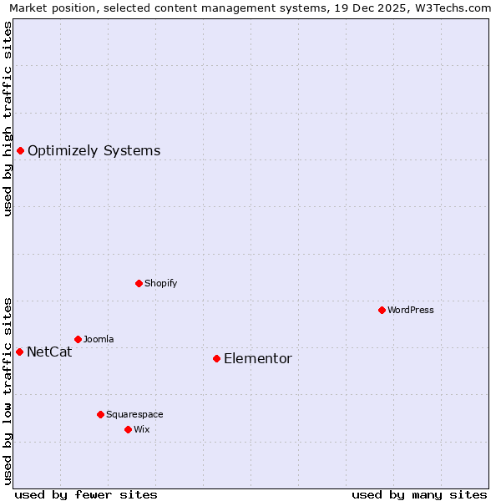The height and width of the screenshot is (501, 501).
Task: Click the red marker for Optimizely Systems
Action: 20,150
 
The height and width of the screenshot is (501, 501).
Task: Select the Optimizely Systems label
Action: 94,151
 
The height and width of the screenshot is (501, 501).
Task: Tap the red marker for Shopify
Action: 139,283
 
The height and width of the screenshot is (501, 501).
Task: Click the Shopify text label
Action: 160,283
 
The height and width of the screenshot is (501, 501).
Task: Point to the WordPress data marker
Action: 382,310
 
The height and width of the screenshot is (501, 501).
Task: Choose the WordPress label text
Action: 410,310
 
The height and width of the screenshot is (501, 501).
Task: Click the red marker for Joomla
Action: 78,339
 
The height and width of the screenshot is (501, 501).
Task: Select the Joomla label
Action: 99,339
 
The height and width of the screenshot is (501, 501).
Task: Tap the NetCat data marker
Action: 19,352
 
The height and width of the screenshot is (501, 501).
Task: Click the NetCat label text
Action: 49,352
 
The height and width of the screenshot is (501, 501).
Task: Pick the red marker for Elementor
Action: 216,358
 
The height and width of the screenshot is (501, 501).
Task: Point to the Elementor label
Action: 258,359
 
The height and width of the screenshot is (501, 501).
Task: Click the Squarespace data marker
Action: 100,414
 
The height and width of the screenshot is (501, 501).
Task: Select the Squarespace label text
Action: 134,414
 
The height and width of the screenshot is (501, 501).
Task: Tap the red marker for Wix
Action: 128,429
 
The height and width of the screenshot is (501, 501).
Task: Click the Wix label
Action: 142,429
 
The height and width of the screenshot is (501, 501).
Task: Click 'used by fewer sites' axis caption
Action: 86,494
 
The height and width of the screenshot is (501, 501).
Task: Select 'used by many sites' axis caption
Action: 419,494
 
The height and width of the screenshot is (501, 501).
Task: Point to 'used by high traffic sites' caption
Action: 8,119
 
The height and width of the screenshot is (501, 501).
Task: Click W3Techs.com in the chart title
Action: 456,8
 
